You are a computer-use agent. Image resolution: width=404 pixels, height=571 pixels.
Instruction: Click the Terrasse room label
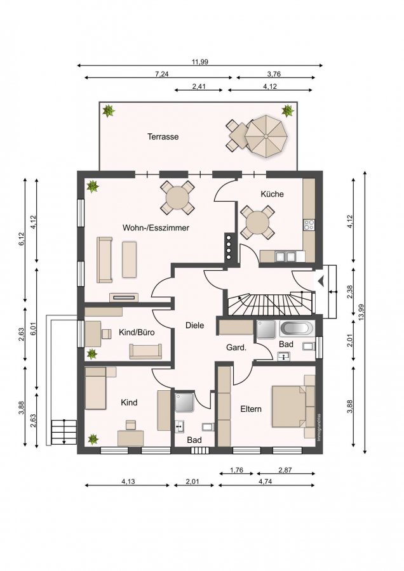[x=163, y=136]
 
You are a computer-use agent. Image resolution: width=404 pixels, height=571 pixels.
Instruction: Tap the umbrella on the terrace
[x=266, y=136]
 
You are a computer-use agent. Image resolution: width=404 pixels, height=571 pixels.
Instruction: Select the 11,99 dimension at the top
[x=200, y=62]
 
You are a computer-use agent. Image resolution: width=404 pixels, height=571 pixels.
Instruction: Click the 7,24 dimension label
[x=162, y=74]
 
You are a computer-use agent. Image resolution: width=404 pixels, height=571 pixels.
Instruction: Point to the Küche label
[x=272, y=194]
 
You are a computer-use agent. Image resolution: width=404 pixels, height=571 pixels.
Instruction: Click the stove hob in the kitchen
[x=309, y=225]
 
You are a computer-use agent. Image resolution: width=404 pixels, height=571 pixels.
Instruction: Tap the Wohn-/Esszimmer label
[x=156, y=228]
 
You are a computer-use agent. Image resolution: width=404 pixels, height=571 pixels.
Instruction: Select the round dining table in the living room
[x=177, y=198]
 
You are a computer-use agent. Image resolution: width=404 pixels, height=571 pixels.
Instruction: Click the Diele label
[x=195, y=325]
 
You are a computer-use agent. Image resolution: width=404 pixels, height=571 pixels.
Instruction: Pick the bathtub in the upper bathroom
[x=297, y=329]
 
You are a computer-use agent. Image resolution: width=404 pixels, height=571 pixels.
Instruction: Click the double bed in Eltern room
[x=293, y=406]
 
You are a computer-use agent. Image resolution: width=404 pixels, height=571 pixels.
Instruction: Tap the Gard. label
[x=236, y=348]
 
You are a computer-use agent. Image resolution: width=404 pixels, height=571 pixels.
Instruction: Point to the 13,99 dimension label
[x=361, y=312]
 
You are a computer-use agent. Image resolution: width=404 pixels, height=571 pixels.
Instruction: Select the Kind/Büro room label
[x=137, y=332]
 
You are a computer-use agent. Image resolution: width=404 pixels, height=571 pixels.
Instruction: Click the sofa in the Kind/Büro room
[x=145, y=351]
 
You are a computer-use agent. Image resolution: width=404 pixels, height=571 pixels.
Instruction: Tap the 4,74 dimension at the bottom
[x=266, y=482]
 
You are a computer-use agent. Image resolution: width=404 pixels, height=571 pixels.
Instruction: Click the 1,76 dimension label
[x=236, y=470]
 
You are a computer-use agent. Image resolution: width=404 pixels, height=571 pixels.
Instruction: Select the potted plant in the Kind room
[x=93, y=439]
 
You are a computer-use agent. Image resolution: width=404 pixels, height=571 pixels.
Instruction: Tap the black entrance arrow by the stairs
[x=321, y=281]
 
